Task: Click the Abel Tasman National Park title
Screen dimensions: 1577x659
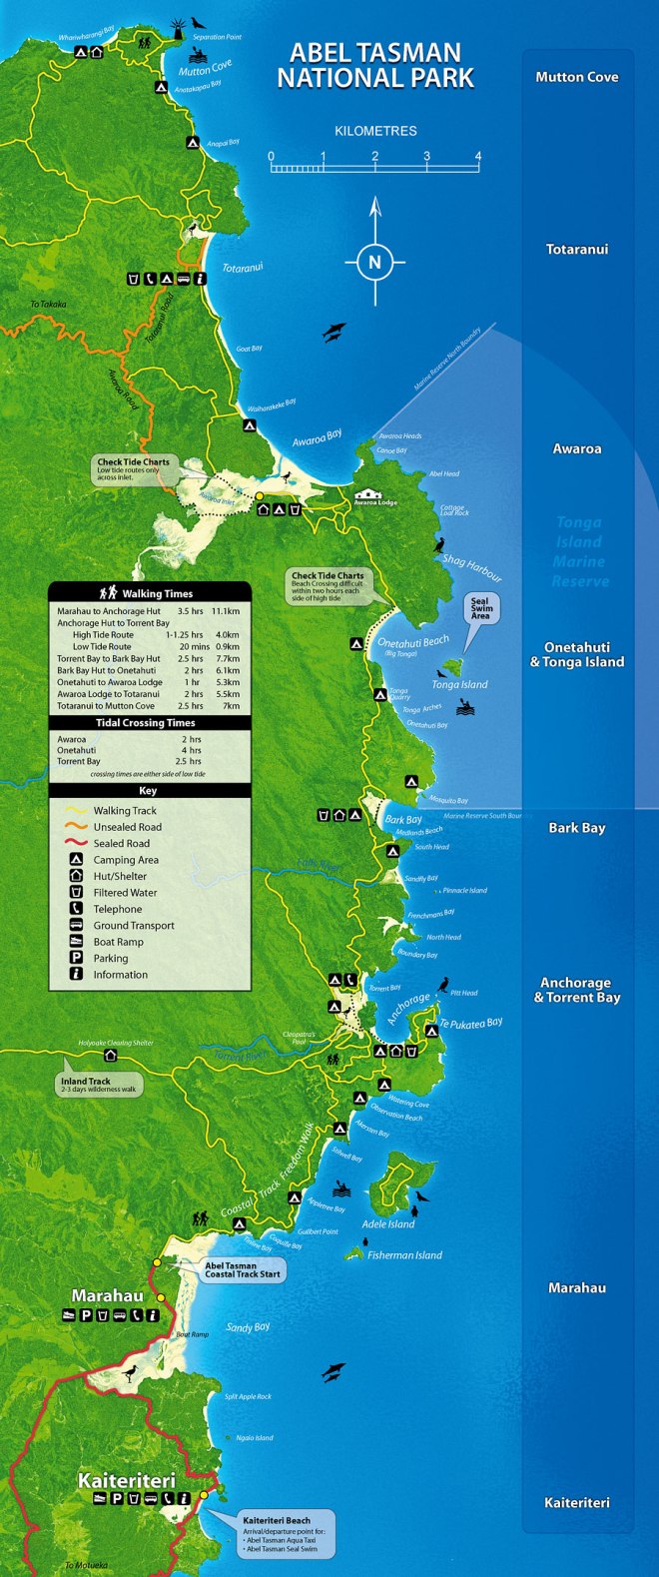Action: pyautogui.click(x=375, y=65)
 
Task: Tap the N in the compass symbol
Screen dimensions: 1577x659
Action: pyautogui.click(x=375, y=263)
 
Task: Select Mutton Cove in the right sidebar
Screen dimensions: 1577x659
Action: pyautogui.click(x=576, y=77)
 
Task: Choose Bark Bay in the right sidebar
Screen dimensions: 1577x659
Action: pyautogui.click(x=576, y=828)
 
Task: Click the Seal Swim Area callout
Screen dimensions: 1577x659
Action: pyautogui.click(x=480, y=608)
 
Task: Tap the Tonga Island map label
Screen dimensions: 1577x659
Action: pyautogui.click(x=459, y=685)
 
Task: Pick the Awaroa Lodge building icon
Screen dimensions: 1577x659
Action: pyautogui.click(x=369, y=493)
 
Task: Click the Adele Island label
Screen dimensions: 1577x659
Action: pyautogui.click(x=388, y=1224)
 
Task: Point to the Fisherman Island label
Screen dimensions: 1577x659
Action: pyautogui.click(x=404, y=1255)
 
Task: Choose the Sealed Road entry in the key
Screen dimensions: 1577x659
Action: pyautogui.click(x=121, y=844)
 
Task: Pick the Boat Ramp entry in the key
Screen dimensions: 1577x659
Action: pyautogui.click(x=118, y=942)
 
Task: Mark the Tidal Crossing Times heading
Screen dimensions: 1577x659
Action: pyautogui.click(x=146, y=723)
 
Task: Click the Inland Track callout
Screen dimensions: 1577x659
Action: pyautogui.click(x=99, y=1085)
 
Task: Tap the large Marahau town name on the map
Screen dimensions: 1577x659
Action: pyautogui.click(x=108, y=1296)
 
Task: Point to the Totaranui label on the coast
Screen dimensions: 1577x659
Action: pyautogui.click(x=243, y=269)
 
